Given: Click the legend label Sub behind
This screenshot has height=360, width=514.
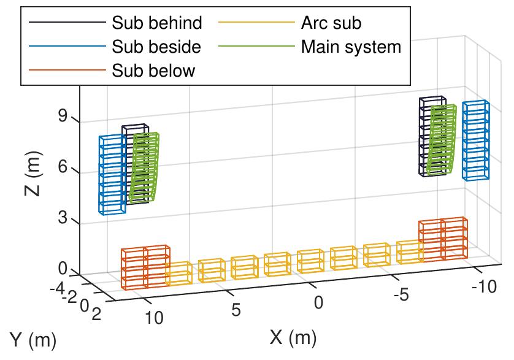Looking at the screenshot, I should click(x=156, y=23).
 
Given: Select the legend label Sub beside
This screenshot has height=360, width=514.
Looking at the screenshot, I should click(x=156, y=47).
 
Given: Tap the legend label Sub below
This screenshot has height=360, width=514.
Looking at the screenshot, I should click(x=153, y=70).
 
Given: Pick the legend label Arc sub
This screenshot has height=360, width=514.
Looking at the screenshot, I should click(x=331, y=23).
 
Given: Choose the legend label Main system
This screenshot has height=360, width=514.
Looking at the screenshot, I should click(x=351, y=47).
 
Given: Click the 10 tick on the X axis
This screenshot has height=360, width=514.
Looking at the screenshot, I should click(x=154, y=317).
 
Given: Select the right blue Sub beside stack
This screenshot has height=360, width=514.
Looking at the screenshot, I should click(x=475, y=140).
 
